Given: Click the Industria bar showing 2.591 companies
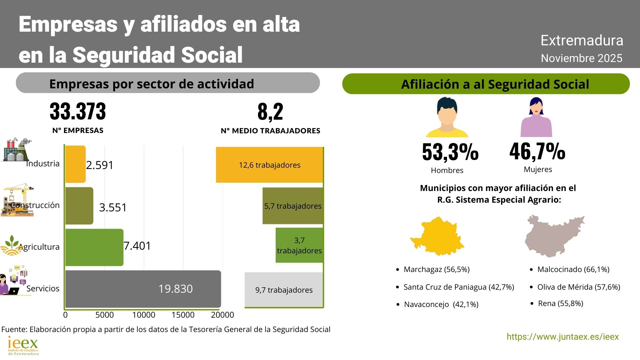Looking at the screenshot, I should click(x=75, y=164).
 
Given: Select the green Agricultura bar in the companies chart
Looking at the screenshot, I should click(x=94, y=247).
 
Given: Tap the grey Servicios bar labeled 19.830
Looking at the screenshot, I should click(x=143, y=289).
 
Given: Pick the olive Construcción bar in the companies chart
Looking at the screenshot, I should click(x=79, y=206).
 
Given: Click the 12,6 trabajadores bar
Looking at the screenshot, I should click(x=269, y=165).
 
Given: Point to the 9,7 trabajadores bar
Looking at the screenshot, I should click(x=284, y=290).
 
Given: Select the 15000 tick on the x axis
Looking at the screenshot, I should click(x=183, y=315).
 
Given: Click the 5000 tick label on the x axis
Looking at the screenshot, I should click(x=105, y=315).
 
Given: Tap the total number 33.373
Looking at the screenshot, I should click(x=78, y=111).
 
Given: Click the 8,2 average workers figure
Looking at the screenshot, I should click(x=270, y=112).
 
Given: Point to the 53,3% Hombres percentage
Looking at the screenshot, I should click(x=450, y=152).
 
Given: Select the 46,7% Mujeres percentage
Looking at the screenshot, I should click(x=537, y=151).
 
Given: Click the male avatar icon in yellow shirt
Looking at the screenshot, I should click(x=447, y=117).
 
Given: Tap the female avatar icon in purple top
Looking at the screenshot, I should click(x=536, y=117).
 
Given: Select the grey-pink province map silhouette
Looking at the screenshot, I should click(x=553, y=236).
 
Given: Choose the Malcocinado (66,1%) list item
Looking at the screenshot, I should click(x=573, y=269).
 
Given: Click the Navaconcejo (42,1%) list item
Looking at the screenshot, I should click(x=441, y=304).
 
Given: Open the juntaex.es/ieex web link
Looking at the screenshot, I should click(x=562, y=337).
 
